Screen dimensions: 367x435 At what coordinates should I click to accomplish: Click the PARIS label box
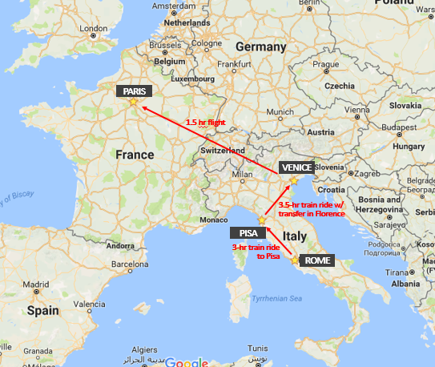coord(133,91)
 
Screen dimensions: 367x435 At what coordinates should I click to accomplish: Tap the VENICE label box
coord(296,167)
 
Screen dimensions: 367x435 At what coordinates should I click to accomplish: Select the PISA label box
coord(246,233)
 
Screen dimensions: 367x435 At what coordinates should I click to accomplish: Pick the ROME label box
coord(317,260)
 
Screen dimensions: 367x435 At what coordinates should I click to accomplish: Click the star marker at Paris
coord(133,102)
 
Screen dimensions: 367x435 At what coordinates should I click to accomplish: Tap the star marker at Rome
coord(295,260)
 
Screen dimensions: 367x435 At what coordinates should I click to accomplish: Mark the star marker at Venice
coord(293,180)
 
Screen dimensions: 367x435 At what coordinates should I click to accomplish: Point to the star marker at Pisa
coord(260,220)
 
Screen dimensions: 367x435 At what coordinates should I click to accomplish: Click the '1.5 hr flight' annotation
coord(204,122)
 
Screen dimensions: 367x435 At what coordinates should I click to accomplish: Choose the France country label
coord(134,154)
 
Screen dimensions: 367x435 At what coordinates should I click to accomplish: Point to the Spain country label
coord(42,309)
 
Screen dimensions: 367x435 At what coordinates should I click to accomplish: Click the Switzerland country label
coord(223,150)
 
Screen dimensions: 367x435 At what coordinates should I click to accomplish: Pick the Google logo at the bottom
coord(186,362)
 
